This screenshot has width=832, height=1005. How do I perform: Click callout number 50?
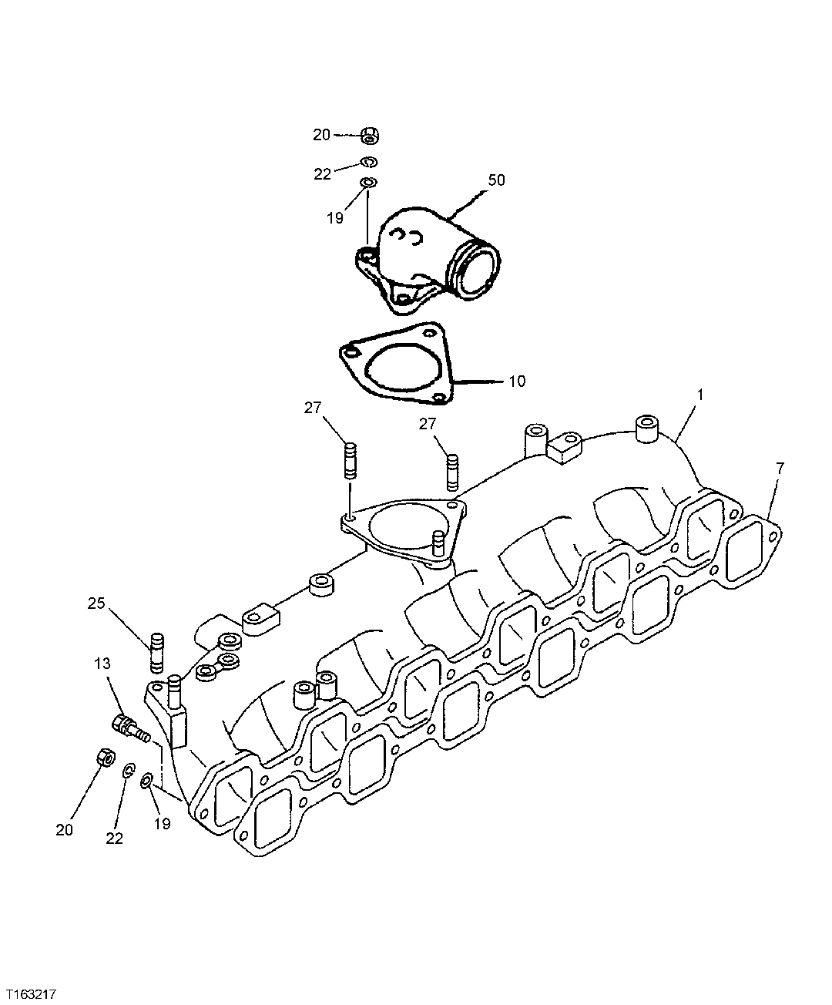(x=496, y=180)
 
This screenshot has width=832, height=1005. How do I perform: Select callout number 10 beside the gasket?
(x=517, y=381)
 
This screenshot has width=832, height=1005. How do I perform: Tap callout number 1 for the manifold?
(x=700, y=394)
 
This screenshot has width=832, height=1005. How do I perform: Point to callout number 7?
(x=780, y=468)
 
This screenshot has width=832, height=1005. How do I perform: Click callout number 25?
(x=96, y=603)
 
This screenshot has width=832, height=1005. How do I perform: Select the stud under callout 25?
(x=157, y=652)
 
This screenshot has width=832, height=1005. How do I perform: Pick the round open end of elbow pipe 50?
(x=478, y=269)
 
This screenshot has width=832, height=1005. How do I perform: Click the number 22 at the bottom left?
(x=114, y=839)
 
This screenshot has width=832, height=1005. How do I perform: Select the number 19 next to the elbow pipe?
(x=334, y=218)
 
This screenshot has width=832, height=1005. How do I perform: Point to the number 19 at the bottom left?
(x=162, y=823)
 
